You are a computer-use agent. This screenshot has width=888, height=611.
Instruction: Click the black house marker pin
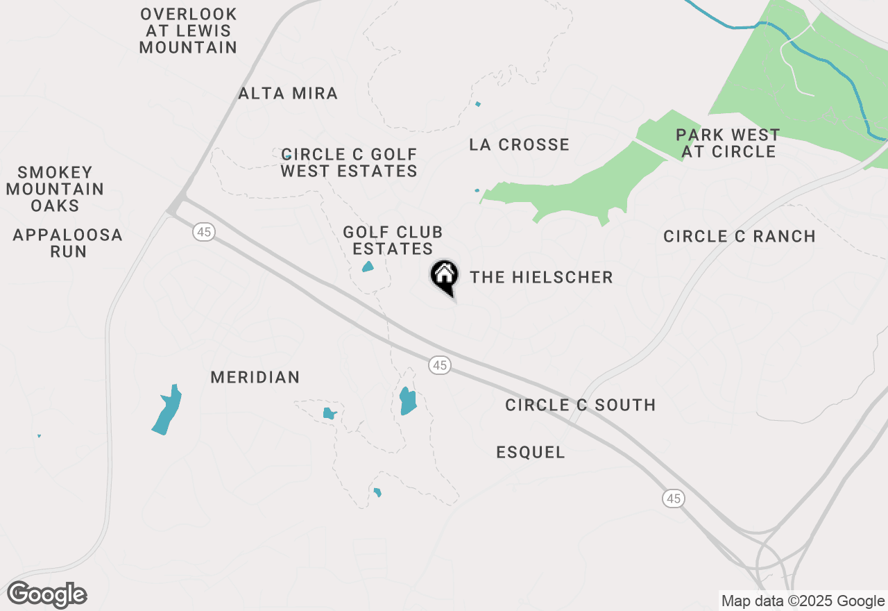pos(444,276)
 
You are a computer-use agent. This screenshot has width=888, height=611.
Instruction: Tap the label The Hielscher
pos(541,278)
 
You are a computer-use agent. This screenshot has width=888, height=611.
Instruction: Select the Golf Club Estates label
pos(393,240)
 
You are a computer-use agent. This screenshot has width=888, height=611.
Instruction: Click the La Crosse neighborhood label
pos(519,144)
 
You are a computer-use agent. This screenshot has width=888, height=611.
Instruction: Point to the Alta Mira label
pos(288,93)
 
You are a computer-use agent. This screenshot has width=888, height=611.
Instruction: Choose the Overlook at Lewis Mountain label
pos(189,31)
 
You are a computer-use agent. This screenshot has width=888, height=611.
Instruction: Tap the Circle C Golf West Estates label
pos(349,162)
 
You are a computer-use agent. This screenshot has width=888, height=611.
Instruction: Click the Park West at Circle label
pos(728,143)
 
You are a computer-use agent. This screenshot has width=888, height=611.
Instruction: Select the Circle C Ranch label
pos(740,236)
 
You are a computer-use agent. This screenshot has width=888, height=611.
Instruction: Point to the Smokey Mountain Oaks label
pos(55,189)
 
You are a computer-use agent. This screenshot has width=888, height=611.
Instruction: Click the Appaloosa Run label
pos(68,243)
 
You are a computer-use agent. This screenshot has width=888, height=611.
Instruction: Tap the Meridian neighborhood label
pos(255,377)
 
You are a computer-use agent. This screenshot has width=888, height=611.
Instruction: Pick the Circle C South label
pos(580,405)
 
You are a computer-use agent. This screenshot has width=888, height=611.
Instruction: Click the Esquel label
pos(531,453)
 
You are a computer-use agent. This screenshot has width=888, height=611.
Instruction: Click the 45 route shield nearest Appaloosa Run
pos(203,232)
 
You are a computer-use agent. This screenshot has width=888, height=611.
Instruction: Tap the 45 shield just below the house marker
pos(439,365)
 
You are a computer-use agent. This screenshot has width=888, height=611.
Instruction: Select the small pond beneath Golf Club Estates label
pos(368,267)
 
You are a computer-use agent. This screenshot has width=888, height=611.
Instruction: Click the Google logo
pos(47,595)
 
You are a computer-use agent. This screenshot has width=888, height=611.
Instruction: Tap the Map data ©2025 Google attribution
pos(803,601)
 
